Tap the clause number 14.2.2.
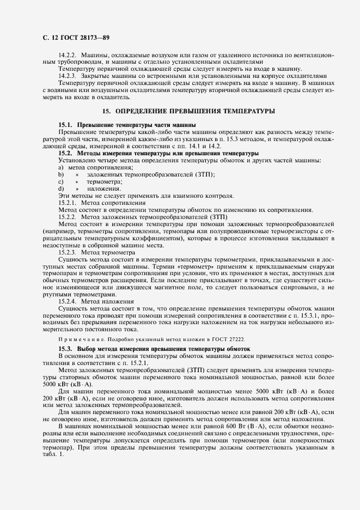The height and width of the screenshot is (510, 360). pos(68,55)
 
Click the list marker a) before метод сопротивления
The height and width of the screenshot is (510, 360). pos(61,167)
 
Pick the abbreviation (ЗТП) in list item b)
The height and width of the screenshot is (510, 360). pos(204,174)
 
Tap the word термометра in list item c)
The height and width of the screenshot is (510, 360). pos(104,181)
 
